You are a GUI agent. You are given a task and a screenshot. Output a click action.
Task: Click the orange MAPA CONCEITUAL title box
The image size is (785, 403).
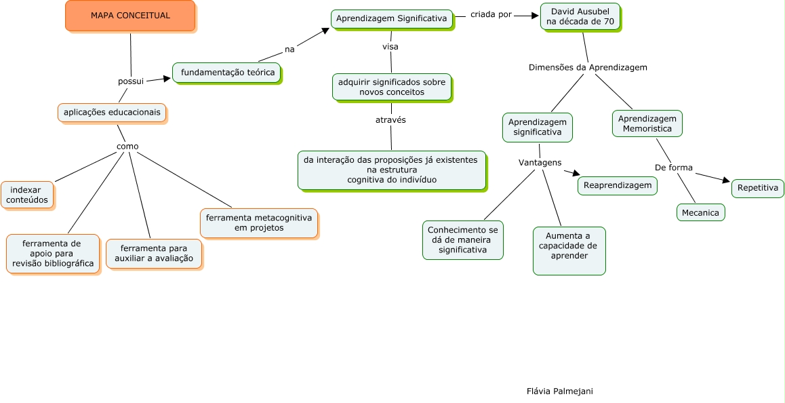[x=130, y=16]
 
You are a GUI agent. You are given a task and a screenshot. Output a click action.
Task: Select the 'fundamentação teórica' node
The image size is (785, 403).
[x=227, y=73]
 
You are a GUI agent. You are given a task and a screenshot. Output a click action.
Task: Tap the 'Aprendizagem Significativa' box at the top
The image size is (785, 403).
[x=392, y=19]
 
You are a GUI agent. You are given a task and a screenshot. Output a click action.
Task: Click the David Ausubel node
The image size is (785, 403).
[x=580, y=17]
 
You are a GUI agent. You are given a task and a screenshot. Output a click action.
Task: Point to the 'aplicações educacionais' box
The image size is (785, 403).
[x=112, y=113]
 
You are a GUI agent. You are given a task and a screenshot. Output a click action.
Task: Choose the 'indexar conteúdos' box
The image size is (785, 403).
[x=27, y=195]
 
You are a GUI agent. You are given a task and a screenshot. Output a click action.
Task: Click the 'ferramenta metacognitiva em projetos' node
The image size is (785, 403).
[x=259, y=223]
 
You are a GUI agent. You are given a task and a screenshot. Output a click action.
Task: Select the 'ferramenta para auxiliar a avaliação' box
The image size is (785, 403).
[x=154, y=254]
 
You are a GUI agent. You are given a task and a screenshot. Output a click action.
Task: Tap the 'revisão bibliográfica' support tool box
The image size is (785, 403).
[x=53, y=254]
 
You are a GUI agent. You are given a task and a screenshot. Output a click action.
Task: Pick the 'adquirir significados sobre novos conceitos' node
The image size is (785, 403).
[x=392, y=87]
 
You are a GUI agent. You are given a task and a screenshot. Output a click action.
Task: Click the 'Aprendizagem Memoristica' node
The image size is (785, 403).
[x=647, y=123]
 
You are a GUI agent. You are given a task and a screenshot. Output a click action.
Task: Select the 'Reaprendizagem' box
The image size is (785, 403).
[x=618, y=185]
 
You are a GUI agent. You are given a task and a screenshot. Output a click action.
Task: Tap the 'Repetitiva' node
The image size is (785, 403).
[x=758, y=188]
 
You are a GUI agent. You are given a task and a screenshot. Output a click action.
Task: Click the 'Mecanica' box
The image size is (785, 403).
[x=701, y=212]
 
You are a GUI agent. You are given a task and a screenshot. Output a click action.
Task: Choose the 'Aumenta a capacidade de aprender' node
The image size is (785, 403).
[x=569, y=250]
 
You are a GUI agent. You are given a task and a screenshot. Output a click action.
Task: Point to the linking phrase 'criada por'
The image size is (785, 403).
[x=491, y=14]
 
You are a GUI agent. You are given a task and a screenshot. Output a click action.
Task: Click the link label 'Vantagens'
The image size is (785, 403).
[x=540, y=163]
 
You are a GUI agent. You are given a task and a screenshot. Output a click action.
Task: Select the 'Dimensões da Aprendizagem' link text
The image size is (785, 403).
[x=588, y=68]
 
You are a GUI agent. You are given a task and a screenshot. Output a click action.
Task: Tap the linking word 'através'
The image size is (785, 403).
[x=390, y=120]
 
